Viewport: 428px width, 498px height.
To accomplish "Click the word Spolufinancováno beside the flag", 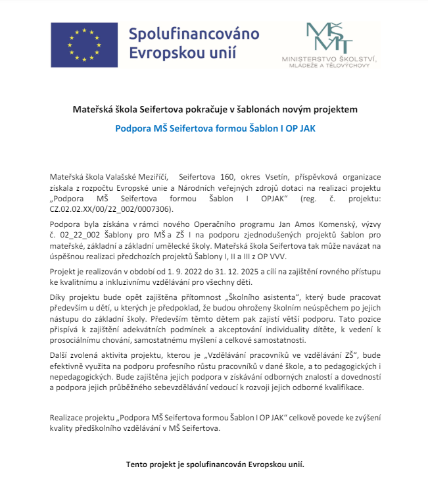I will [x=194, y=33].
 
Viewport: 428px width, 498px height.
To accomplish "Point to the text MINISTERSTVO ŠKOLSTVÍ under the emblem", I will [x=329, y=60].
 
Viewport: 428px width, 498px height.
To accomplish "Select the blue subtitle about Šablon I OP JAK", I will [x=215, y=128].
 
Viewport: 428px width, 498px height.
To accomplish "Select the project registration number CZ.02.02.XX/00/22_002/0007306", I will [x=111, y=209].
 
